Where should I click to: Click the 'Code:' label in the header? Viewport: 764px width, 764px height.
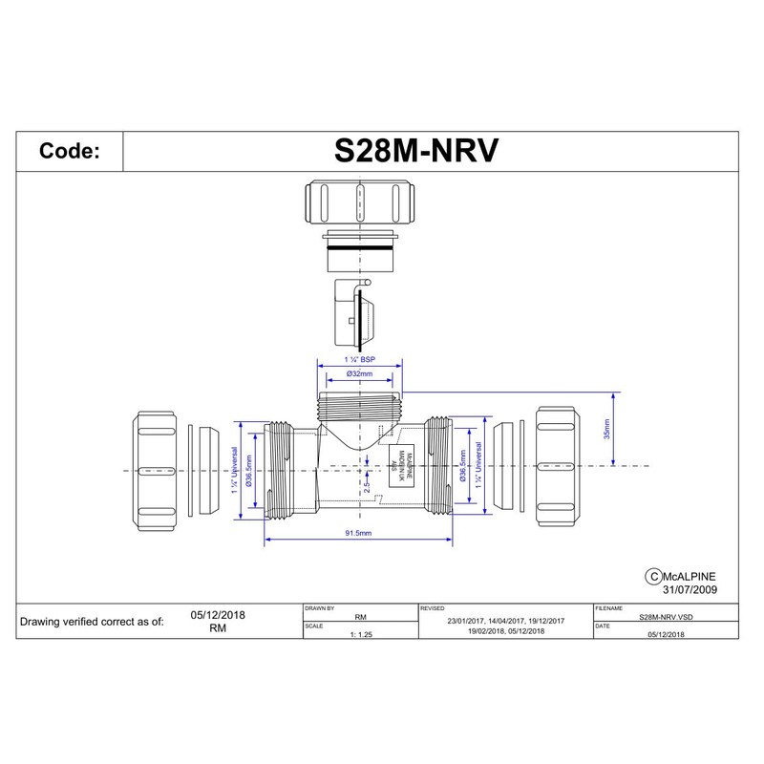coord(69,151)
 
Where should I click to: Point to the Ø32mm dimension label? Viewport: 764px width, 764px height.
coord(359,375)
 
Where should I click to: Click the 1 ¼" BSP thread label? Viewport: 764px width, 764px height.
coord(359,359)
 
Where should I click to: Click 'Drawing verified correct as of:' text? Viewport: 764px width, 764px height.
coord(92,621)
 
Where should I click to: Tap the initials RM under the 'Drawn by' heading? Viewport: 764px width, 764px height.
coord(360,618)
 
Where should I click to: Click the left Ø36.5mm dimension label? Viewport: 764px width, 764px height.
coord(248,471)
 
